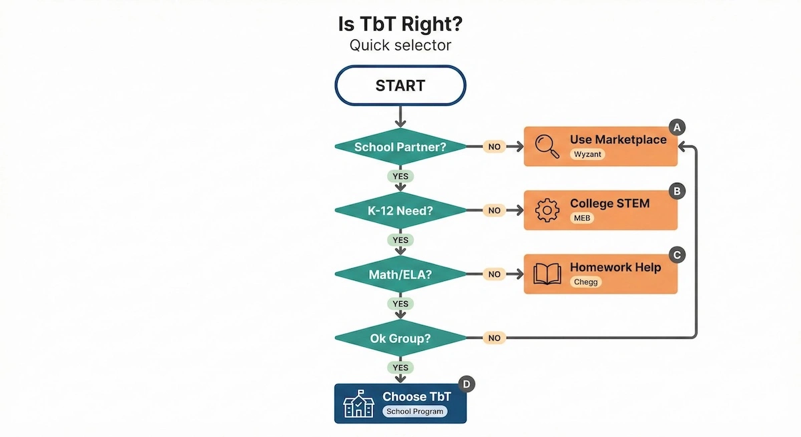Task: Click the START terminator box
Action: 400,85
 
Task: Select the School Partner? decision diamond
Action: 400,147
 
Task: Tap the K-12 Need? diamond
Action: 400,210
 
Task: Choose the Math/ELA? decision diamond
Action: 400,274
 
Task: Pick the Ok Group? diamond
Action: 400,338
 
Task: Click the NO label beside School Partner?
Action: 494,147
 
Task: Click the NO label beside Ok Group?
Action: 494,338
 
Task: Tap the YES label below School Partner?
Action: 400,176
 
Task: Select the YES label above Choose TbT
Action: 400,368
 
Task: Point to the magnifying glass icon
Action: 547,147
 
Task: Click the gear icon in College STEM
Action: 547,210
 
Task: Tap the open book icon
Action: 547,274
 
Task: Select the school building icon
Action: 358,404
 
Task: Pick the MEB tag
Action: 582,218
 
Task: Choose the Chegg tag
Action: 586,282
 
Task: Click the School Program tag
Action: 415,412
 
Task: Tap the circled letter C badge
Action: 677,255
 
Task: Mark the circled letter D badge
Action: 467,384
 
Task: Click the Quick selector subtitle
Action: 400,45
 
